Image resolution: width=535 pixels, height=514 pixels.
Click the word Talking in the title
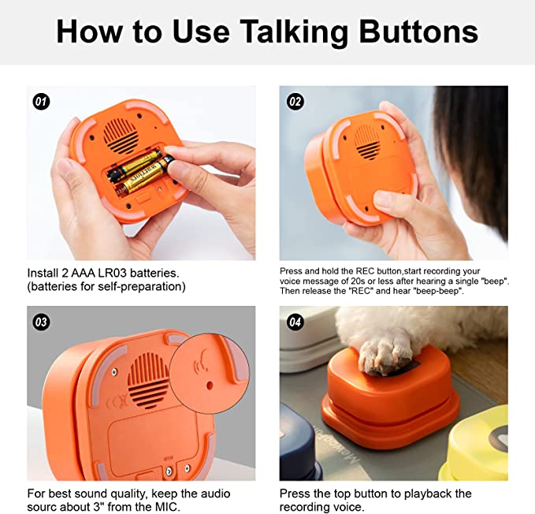(x=282, y=32)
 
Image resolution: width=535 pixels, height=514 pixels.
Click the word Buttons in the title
(x=418, y=32)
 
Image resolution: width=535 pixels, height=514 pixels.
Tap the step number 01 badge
(x=41, y=101)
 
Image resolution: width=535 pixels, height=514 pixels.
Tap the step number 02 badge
(x=295, y=101)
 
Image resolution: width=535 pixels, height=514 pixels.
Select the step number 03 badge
(x=41, y=322)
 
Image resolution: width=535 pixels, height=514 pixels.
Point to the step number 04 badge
(x=295, y=322)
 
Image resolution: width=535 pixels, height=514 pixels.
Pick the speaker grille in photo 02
(x=366, y=140)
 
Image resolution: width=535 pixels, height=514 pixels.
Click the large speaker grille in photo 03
(x=147, y=378)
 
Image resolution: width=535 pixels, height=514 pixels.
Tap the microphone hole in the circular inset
(x=210, y=386)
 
